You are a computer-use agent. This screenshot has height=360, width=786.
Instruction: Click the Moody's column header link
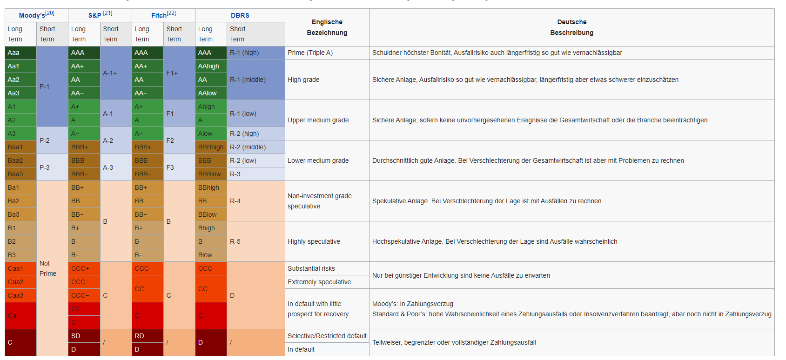32,15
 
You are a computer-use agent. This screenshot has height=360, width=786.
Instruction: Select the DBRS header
240,15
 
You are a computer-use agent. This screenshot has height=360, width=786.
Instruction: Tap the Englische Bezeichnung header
327,27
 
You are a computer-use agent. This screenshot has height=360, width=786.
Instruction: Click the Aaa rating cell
20,53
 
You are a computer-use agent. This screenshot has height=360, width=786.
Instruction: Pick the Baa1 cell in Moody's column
20,147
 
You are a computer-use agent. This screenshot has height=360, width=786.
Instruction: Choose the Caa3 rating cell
20,295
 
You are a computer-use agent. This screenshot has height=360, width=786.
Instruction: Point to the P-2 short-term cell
52,140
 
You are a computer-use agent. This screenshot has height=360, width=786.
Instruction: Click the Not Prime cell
52,268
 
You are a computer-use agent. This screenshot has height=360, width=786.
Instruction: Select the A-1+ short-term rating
115,73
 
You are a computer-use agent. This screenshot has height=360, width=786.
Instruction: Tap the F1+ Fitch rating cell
179,73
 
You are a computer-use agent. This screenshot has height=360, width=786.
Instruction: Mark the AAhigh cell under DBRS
211,66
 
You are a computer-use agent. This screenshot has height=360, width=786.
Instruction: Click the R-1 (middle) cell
255,80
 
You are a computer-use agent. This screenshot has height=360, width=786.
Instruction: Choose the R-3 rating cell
255,174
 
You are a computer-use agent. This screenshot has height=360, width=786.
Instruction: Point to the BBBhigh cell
211,147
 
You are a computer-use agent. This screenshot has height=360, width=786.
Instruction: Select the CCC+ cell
84,268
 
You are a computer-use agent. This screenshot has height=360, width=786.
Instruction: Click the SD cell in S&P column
84,336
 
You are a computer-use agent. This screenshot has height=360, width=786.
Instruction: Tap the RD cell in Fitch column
147,336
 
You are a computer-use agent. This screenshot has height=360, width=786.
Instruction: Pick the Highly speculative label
314,241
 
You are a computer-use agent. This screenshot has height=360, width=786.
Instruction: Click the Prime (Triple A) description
310,53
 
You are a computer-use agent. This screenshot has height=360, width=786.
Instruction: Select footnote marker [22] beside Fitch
171,13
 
